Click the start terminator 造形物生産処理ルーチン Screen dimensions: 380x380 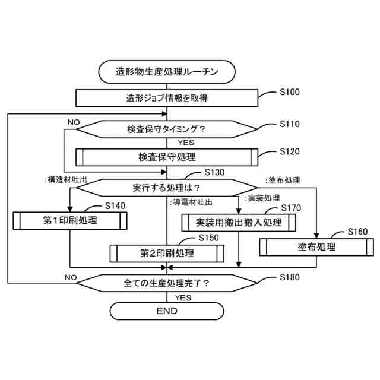(x=167, y=72)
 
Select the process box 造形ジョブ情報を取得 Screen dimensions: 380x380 (x=167, y=98)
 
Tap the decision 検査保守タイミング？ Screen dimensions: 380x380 (x=167, y=128)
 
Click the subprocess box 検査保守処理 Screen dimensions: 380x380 (x=167, y=157)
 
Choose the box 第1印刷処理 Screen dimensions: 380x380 (x=70, y=221)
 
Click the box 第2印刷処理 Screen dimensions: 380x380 (x=167, y=253)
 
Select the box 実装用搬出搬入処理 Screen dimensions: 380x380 (x=239, y=223)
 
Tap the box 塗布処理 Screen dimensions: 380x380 (x=316, y=246)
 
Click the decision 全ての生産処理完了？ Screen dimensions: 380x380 (x=167, y=283)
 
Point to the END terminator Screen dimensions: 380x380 (x=167, y=311)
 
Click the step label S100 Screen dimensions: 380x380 (x=290, y=92)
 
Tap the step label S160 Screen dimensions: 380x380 (x=358, y=231)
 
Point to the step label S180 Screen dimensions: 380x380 (x=290, y=277)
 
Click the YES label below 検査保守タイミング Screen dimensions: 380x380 (x=185, y=142)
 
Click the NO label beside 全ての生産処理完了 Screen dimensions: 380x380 (x=71, y=277)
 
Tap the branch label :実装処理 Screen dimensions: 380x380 (x=262, y=198)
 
